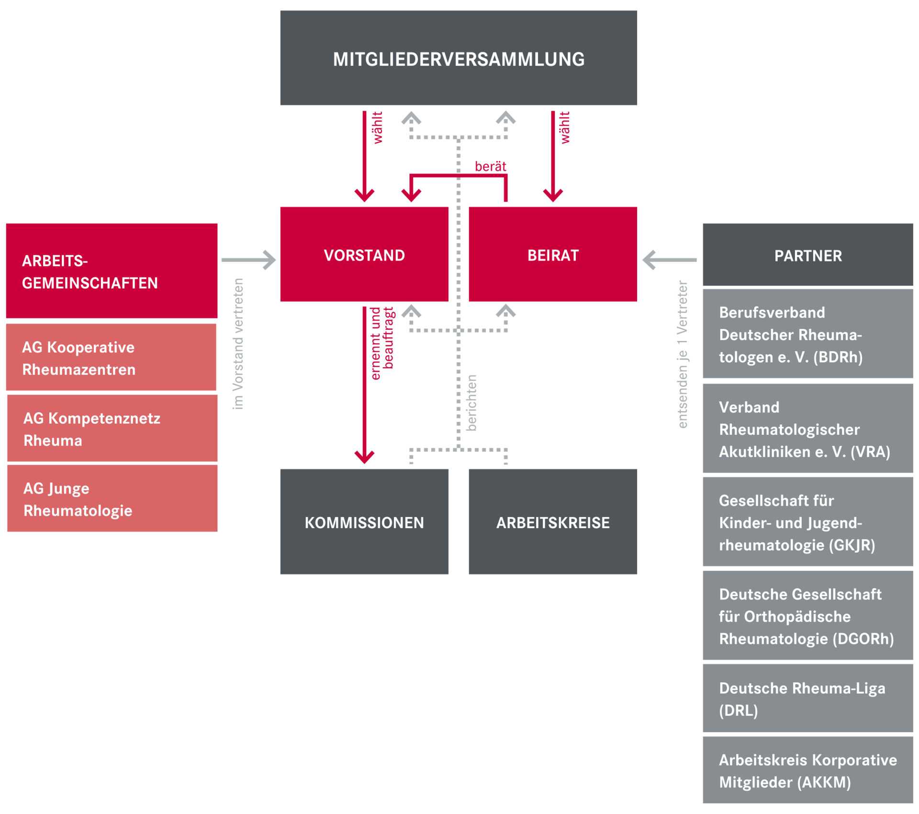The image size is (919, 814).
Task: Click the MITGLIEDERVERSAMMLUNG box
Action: tap(459, 58)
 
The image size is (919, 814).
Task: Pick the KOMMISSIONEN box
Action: tap(364, 521)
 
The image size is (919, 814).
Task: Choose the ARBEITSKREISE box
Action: tap(552, 521)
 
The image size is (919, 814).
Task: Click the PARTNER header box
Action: tap(808, 255)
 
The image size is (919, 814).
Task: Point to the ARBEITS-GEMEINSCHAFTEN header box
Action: tap(112, 271)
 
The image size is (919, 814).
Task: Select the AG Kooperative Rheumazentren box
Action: tap(111, 357)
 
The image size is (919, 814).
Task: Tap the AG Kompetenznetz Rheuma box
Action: tap(112, 429)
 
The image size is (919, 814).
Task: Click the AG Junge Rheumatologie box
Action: tap(112, 498)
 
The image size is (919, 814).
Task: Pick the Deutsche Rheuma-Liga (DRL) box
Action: tap(808, 699)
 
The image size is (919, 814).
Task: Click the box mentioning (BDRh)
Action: tap(808, 334)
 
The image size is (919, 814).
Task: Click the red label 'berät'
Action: tap(491, 167)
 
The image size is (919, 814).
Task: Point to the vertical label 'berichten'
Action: tap(472, 403)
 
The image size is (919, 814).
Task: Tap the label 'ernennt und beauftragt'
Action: tap(382, 342)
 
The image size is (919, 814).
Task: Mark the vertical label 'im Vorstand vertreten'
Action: tap(238, 344)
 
